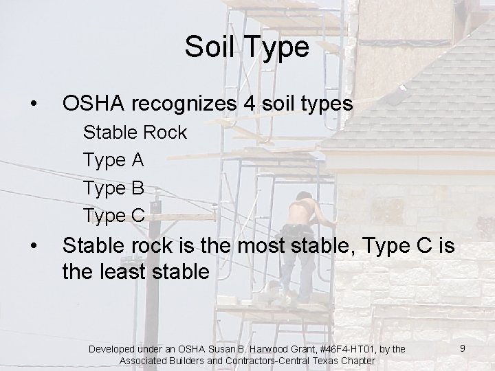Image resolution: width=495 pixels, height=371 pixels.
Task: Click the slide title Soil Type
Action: point(247,47)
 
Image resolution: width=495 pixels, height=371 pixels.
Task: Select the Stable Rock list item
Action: point(135,132)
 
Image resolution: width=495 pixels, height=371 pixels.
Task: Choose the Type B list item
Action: point(113,187)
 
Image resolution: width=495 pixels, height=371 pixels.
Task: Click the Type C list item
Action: point(114,214)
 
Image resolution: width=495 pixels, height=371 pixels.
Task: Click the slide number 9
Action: point(463,349)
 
